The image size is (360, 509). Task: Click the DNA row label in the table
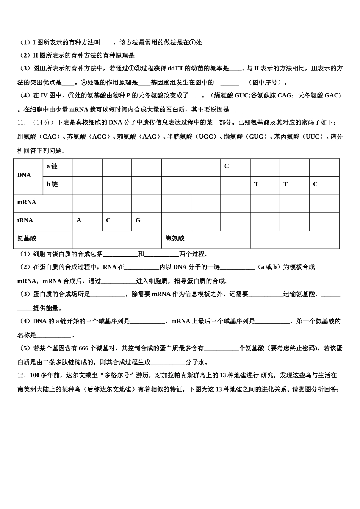[24, 175]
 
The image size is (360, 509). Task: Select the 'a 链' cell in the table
[52, 166]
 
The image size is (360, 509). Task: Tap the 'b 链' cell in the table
[52, 184]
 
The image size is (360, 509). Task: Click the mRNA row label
[27, 202]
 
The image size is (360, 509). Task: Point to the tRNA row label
[25, 220]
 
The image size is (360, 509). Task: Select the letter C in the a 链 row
[227, 166]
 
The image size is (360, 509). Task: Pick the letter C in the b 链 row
[315, 184]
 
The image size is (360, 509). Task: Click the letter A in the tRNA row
[79, 220]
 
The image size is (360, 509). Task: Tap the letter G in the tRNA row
[138, 220]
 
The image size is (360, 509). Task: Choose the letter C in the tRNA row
[108, 220]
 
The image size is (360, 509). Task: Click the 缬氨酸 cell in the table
[175, 239]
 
